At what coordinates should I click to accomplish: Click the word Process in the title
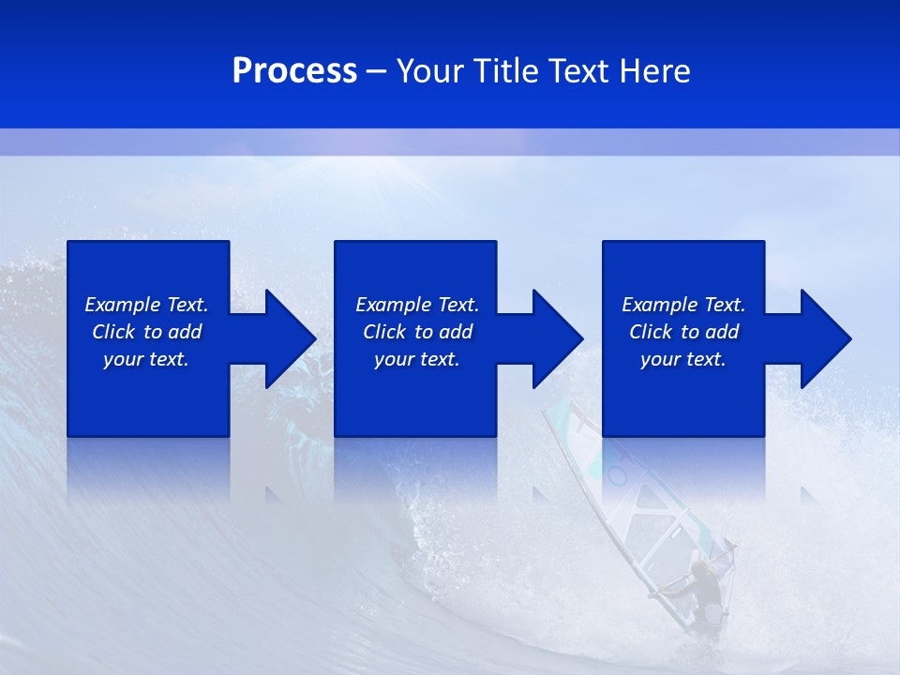click(x=294, y=71)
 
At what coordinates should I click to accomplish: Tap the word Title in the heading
click(x=503, y=71)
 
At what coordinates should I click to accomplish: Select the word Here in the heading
click(x=656, y=71)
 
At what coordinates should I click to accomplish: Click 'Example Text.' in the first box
click(x=146, y=305)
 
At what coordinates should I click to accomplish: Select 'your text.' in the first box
click(x=146, y=359)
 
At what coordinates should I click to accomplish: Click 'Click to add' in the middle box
click(x=417, y=332)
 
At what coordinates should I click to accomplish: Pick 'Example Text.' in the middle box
click(x=417, y=305)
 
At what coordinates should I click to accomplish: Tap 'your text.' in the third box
click(x=683, y=359)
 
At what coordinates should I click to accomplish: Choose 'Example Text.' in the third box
click(x=683, y=305)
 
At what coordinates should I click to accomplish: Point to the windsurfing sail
click(x=647, y=506)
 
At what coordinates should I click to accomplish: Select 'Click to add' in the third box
click(x=683, y=332)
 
